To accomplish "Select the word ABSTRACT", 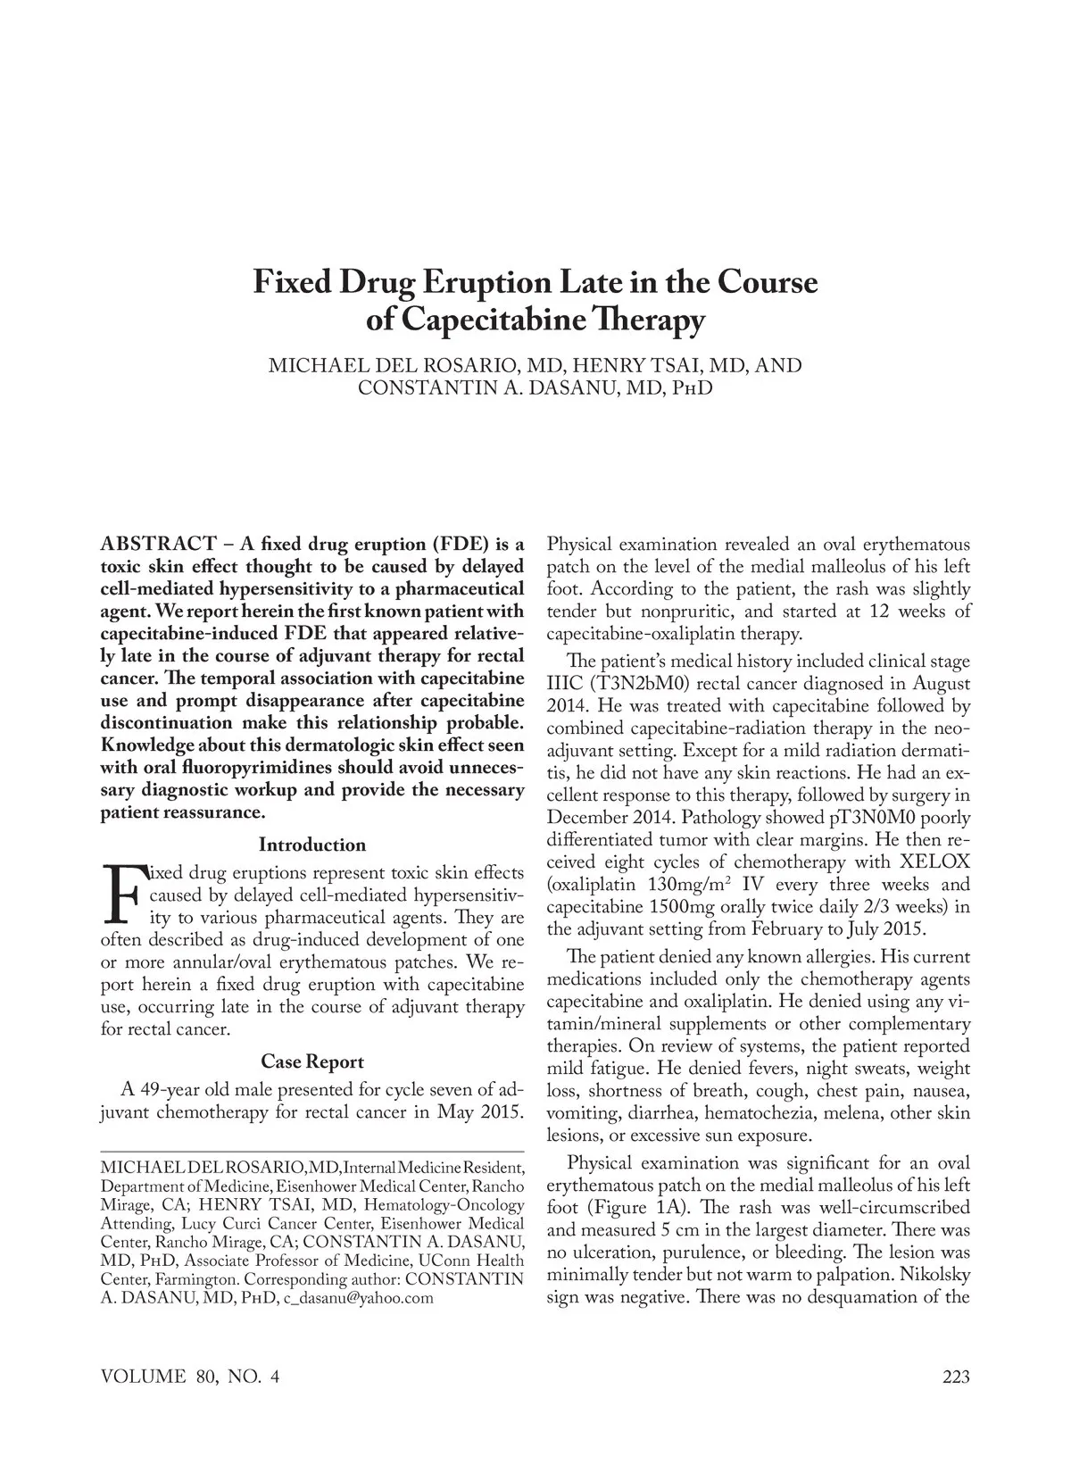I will pos(157,545).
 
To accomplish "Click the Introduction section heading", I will pos(311,845).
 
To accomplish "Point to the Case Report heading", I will pos(311,1061).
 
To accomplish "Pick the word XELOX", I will pos(932,862).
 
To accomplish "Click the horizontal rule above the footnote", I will pos(311,1152).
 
